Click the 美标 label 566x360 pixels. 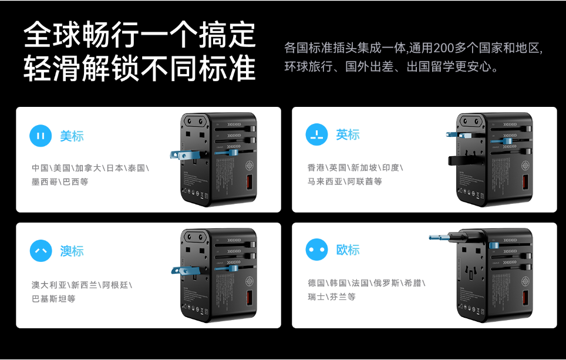click(72, 136)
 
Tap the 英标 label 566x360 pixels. click(348, 134)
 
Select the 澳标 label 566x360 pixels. click(72, 251)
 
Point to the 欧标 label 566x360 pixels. click(348, 250)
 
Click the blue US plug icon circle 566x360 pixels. click(41, 136)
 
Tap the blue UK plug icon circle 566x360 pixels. click(316, 134)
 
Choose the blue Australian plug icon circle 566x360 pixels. click(41, 251)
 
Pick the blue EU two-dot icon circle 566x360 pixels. click(316, 250)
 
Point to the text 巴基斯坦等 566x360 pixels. click(53, 299)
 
